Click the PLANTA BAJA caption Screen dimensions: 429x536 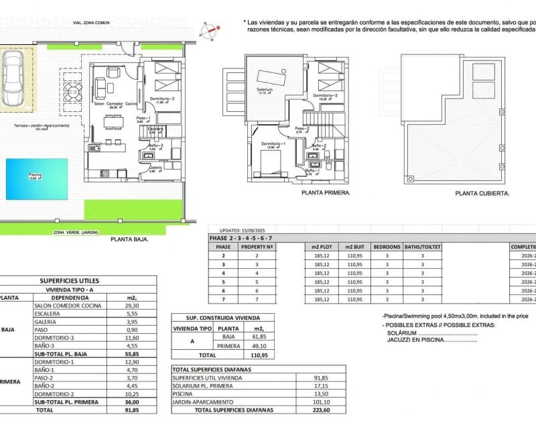pyautogui.click(x=129, y=238)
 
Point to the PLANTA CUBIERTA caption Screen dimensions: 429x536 pyautogui.click(x=482, y=192)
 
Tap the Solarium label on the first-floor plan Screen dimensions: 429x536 pyautogui.click(x=265, y=89)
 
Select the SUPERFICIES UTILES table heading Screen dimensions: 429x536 pyautogui.click(x=79, y=281)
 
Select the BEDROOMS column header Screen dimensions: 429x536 pyautogui.click(x=387, y=247)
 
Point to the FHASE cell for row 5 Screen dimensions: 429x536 pyautogui.click(x=223, y=282)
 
